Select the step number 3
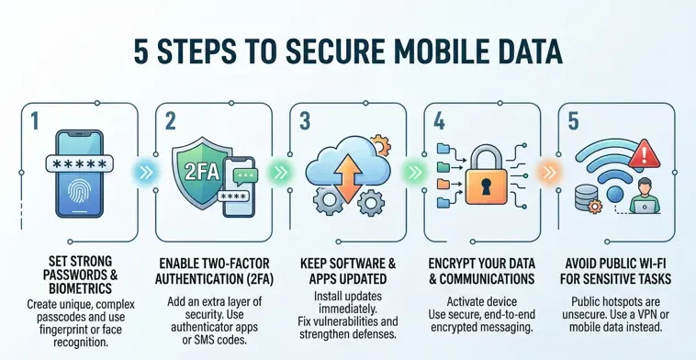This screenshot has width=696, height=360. (x=305, y=121)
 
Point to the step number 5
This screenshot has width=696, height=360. (x=574, y=121)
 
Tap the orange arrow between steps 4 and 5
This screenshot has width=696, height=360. (x=549, y=170)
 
